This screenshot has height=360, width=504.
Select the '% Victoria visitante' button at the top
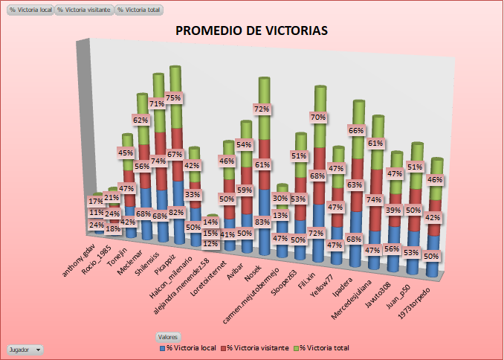click(x=84, y=10)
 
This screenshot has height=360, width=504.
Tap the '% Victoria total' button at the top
click(x=138, y=10)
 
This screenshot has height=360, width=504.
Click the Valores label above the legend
click(x=168, y=337)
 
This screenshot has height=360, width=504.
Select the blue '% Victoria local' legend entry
click(x=187, y=347)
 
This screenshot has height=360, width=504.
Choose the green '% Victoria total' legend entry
click(x=321, y=347)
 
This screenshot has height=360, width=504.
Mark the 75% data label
click(x=174, y=97)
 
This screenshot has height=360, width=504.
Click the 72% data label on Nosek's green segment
click(x=261, y=109)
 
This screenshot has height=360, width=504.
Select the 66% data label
click(x=355, y=130)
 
